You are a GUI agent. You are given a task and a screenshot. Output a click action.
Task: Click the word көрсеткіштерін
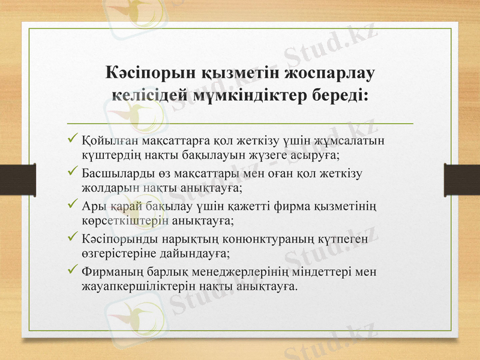(x=122, y=221)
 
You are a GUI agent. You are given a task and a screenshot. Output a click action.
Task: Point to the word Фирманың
(x=109, y=272)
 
